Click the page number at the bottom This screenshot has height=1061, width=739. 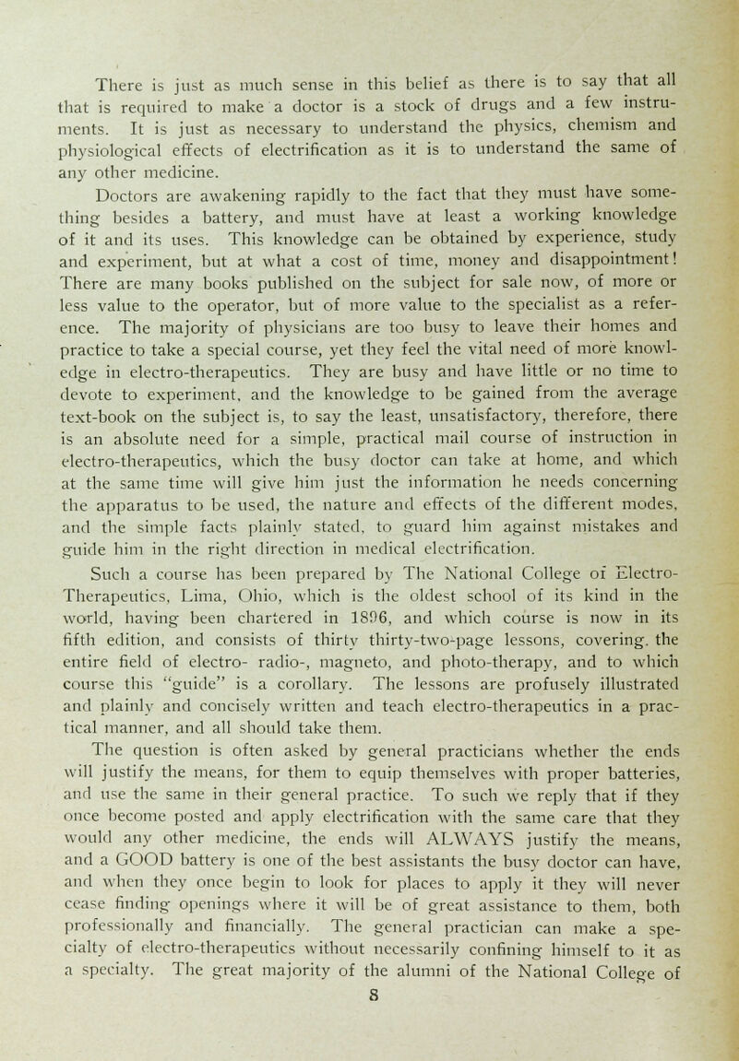click(369, 1039)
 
